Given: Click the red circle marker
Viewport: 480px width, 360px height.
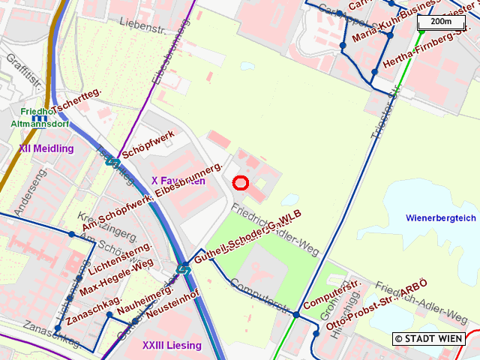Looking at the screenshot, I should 241,182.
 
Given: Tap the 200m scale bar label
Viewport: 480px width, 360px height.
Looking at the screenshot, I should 441,22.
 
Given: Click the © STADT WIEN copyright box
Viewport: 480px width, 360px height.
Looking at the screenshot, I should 429,339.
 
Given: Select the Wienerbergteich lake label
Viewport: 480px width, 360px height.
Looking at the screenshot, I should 440,218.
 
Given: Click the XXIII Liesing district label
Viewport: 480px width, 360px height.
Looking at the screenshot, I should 172,345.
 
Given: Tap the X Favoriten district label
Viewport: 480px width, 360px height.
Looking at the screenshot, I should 178,181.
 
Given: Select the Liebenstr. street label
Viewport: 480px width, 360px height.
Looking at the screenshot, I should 140,23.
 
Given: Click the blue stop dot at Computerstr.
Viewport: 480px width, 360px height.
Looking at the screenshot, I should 296,315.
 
